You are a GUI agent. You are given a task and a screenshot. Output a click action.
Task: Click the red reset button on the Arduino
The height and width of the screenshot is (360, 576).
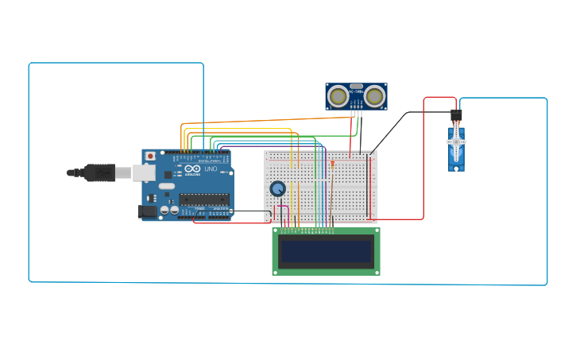point(149,157)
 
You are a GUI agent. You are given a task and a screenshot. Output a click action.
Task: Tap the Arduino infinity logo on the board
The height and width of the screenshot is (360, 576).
point(192,168)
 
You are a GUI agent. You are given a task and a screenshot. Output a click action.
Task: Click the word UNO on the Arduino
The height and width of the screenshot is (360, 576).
point(211,168)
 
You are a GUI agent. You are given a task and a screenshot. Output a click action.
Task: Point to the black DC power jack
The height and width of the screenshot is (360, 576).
point(147,211)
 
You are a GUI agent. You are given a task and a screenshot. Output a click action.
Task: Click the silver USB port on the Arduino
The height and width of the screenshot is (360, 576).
point(144,172)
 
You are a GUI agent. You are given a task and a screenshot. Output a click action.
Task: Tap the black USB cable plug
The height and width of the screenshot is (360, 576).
point(99,172)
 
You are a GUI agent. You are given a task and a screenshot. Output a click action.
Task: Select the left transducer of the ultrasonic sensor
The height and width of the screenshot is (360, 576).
point(338,96)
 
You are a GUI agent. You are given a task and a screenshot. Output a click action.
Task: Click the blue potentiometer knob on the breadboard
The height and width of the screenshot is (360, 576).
point(277,188)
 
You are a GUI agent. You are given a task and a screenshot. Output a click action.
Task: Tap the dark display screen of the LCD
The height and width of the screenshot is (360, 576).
point(326,252)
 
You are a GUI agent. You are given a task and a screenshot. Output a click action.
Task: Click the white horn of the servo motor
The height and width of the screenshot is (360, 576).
point(456,142)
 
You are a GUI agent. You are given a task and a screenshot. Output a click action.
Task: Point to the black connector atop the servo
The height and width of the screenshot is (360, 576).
point(456,115)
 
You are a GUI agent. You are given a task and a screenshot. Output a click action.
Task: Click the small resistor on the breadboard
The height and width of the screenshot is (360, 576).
point(332,164)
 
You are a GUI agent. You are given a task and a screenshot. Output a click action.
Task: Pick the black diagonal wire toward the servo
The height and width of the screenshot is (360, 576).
point(389,130)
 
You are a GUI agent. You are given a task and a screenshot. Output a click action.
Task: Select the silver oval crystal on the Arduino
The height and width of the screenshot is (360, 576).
point(167,186)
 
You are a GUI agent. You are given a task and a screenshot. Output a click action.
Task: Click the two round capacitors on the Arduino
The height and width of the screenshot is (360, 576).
point(169,211)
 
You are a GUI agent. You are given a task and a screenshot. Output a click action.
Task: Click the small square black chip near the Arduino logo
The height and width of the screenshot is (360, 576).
point(168,174)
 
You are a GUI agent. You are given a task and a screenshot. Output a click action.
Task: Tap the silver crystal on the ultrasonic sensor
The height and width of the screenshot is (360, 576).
point(356,86)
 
